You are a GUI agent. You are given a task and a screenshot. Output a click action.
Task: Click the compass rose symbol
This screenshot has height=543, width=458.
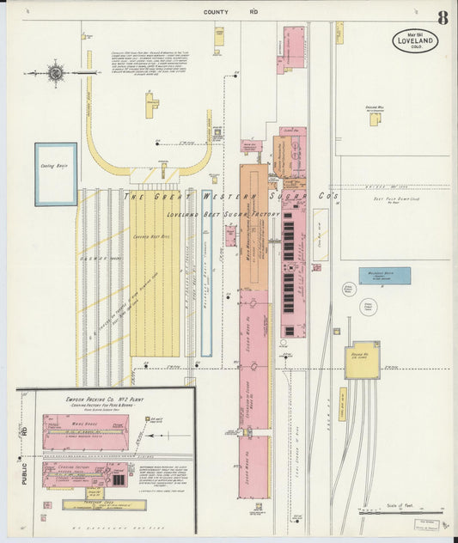click(x=56, y=73)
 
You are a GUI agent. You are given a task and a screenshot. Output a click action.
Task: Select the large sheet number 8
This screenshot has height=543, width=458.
click(x=441, y=18)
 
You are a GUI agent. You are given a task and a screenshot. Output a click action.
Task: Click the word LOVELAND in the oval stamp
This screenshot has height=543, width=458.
click(x=416, y=40)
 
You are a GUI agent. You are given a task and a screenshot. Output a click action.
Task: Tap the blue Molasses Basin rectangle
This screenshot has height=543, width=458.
click(x=384, y=275)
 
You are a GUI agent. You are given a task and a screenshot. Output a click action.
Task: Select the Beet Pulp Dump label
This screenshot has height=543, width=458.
click(x=399, y=197)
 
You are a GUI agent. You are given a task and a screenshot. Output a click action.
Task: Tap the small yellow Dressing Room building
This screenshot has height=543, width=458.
click(x=374, y=119)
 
